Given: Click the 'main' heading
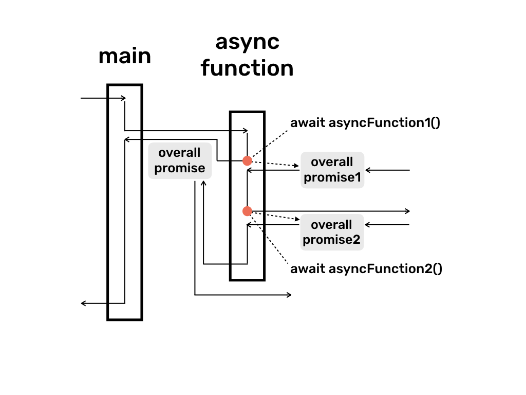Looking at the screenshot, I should pyautogui.click(x=125, y=56).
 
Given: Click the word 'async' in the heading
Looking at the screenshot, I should pyautogui.click(x=247, y=42).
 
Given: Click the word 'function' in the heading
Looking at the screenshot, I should pyautogui.click(x=247, y=68).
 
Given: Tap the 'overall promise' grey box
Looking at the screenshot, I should pyautogui.click(x=180, y=160).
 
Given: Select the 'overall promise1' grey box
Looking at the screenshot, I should pyautogui.click(x=332, y=170).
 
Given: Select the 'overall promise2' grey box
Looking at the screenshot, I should pyautogui.click(x=332, y=232).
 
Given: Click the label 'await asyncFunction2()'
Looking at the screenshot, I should pyautogui.click(x=366, y=268).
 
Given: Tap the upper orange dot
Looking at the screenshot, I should pyautogui.click(x=247, y=161).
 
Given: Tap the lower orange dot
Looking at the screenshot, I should pyautogui.click(x=247, y=211).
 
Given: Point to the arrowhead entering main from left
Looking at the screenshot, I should pyautogui.click(x=123, y=98).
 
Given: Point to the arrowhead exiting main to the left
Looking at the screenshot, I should pyautogui.click(x=84, y=303).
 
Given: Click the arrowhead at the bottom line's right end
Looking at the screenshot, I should pyautogui.click(x=289, y=295).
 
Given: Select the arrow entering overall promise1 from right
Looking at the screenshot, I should pyautogui.click(x=388, y=170).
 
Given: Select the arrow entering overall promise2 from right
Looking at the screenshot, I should pyautogui.click(x=388, y=225).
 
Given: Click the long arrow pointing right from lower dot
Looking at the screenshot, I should pyautogui.click(x=334, y=211).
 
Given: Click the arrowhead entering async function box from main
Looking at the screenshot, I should pyautogui.click(x=246, y=131).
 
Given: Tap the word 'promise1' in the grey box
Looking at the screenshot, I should pyautogui.click(x=332, y=178).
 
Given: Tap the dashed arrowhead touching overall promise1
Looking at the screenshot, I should pyautogui.click(x=297, y=166).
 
